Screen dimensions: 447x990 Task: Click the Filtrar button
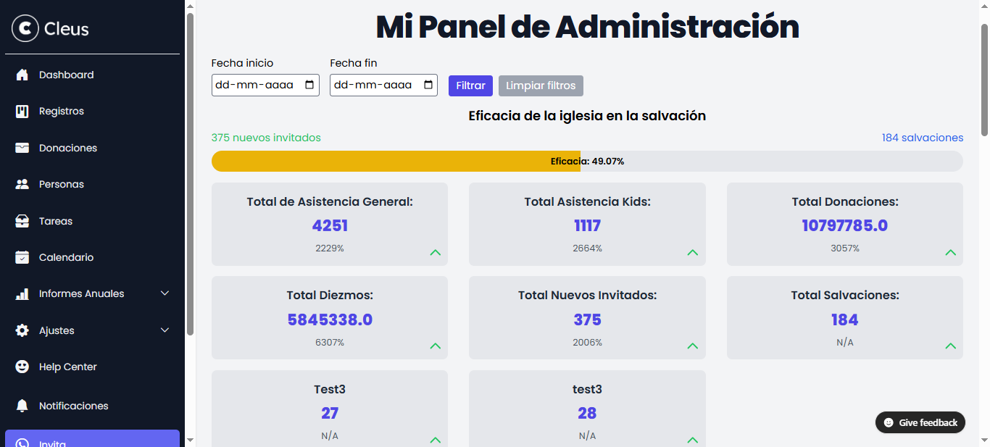point(470,85)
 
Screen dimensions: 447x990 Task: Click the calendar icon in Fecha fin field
point(428,85)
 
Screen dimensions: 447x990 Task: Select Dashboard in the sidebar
point(66,75)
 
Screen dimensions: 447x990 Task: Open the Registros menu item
point(61,111)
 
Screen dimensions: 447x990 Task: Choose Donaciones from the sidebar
point(67,148)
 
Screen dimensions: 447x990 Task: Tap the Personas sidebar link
point(61,184)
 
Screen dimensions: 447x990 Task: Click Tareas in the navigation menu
point(55,221)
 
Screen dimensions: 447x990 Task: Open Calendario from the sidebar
point(66,257)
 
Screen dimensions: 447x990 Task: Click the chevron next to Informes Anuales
point(165,293)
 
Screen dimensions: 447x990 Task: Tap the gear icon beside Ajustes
point(22,330)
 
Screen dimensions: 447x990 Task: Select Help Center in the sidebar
point(67,367)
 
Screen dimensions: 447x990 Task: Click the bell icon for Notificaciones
point(22,406)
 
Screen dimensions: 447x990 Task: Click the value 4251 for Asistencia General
point(330,225)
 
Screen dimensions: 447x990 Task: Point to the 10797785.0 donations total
point(844,225)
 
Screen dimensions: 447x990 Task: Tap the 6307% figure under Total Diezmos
point(330,343)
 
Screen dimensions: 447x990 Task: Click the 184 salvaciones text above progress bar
point(922,138)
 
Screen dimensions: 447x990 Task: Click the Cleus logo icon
point(25,29)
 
